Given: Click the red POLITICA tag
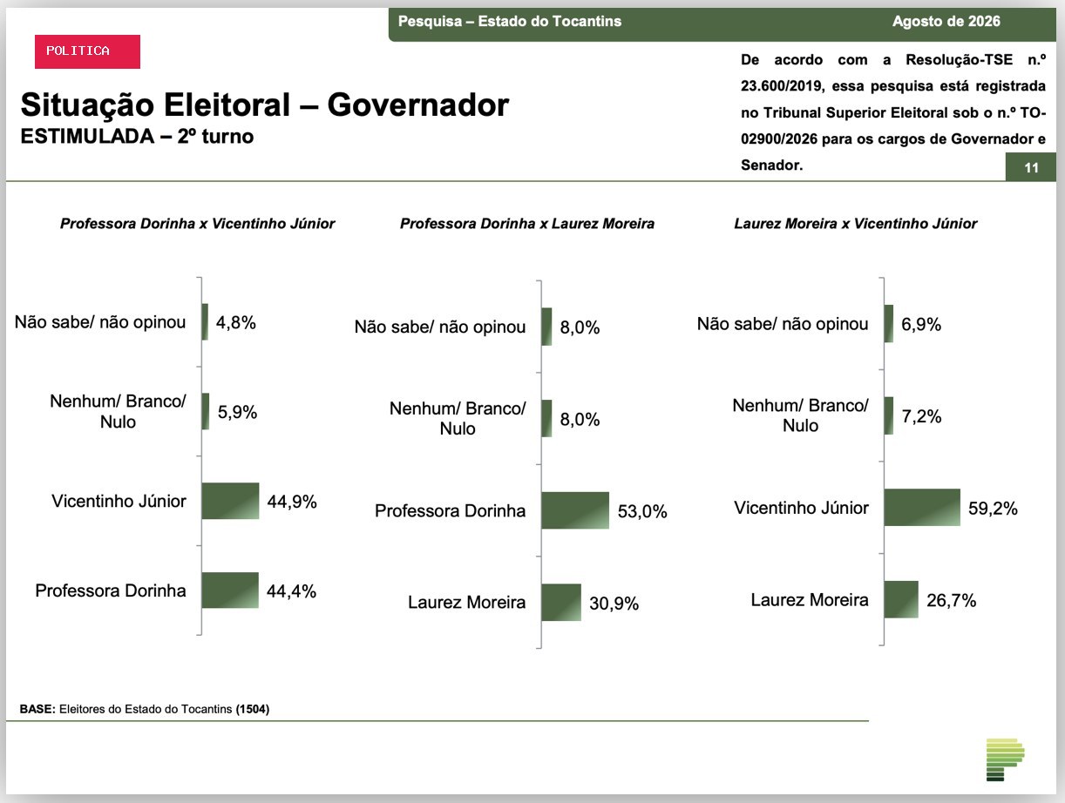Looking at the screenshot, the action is tap(87, 51).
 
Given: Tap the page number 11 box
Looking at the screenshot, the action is tap(1030, 167).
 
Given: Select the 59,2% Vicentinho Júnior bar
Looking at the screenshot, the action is tap(922, 507).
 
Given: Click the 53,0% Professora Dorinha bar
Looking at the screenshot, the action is tap(575, 510).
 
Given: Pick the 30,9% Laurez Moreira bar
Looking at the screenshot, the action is tap(561, 603).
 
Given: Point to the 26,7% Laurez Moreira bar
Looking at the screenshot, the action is tap(901, 599).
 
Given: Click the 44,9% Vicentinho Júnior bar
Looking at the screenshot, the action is tap(230, 501).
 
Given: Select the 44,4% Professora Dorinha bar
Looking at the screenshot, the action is tap(230, 590).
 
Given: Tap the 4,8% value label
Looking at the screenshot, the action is tap(236, 322).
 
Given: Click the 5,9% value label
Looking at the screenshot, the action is tap(237, 412).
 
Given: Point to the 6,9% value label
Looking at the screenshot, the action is tap(921, 324).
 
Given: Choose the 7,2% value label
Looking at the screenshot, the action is tap(921, 416).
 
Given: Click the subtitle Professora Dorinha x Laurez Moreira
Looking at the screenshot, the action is tap(527, 224).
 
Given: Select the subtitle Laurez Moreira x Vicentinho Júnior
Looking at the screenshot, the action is tap(855, 224).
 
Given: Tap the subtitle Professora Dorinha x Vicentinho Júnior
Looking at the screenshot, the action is tap(198, 224).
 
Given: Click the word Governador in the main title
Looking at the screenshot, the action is tap(418, 105).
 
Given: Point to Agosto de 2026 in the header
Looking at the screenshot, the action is tap(946, 21).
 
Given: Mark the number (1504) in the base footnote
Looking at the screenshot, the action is tap(252, 709).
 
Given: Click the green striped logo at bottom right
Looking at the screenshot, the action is tap(1006, 759).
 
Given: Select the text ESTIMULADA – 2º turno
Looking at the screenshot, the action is tap(137, 137).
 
